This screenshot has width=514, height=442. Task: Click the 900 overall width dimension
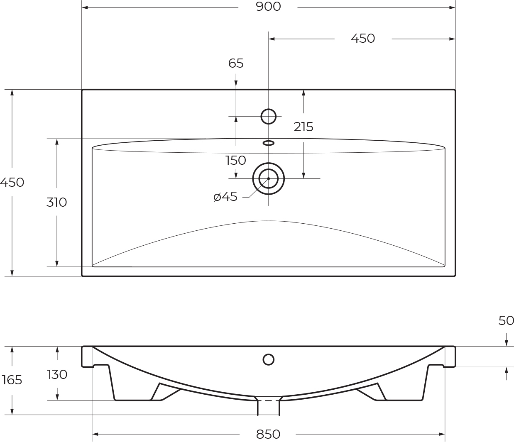click(268, 7)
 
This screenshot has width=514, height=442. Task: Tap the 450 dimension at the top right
click(363, 39)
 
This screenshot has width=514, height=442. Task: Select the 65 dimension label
click(236, 63)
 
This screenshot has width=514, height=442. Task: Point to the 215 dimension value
click(304, 127)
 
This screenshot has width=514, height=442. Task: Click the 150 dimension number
click(236, 161)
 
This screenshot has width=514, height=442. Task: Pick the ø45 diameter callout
click(225, 197)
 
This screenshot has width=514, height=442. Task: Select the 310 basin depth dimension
click(57, 203)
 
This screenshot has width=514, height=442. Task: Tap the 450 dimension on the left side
click(12, 183)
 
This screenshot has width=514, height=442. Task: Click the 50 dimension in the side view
click(506, 321)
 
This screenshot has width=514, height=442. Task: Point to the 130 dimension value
click(57, 375)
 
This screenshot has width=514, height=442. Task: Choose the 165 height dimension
click(12, 380)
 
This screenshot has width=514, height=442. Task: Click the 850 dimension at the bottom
click(268, 434)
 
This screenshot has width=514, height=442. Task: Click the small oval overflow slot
click(269, 143)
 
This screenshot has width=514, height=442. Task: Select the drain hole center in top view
click(269, 178)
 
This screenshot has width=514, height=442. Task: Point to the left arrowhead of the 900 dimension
click(85, 8)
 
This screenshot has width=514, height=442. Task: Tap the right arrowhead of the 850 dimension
click(442, 434)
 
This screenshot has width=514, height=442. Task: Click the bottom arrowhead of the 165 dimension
click(12, 412)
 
